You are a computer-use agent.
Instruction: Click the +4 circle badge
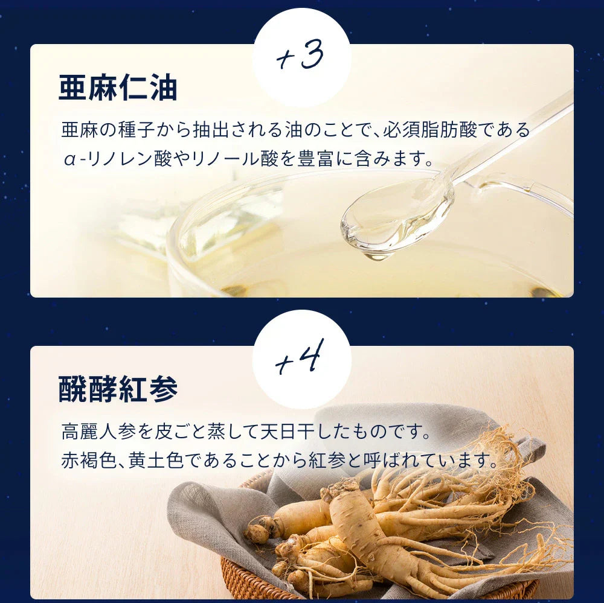click(x=301, y=359)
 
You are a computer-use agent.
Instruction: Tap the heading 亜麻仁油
click(x=118, y=88)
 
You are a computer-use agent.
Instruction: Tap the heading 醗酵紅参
click(x=118, y=389)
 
